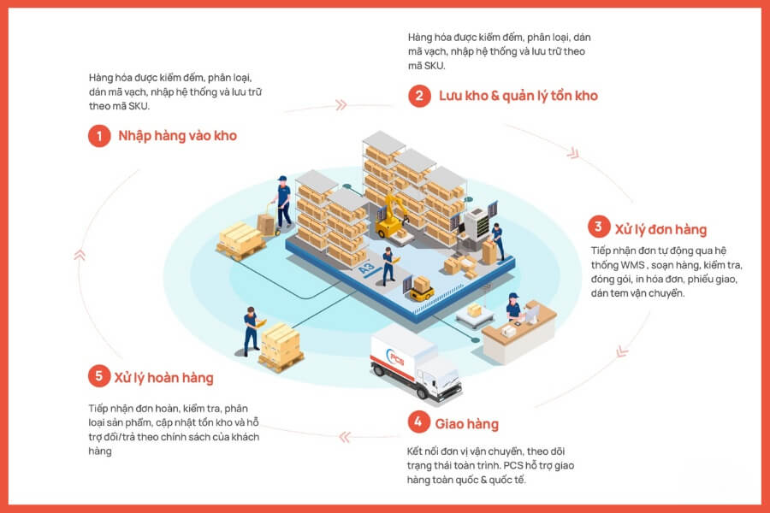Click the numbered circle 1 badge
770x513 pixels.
[99, 135]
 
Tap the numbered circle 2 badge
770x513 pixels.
[419, 96]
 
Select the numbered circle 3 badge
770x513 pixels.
[599, 227]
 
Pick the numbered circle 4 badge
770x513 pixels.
[419, 422]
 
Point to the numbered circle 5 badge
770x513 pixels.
[99, 376]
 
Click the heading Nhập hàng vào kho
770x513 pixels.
[178, 136]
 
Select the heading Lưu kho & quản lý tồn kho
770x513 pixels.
[518, 96]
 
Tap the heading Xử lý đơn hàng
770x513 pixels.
[661, 229]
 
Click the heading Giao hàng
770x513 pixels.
[466, 424]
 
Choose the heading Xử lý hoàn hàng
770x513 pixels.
[164, 378]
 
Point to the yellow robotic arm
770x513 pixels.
[391, 216]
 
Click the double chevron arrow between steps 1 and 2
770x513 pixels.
[341, 104]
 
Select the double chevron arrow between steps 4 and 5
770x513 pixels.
[345, 437]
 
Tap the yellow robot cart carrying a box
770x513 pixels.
[421, 289]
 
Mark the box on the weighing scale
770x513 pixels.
[474, 310]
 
